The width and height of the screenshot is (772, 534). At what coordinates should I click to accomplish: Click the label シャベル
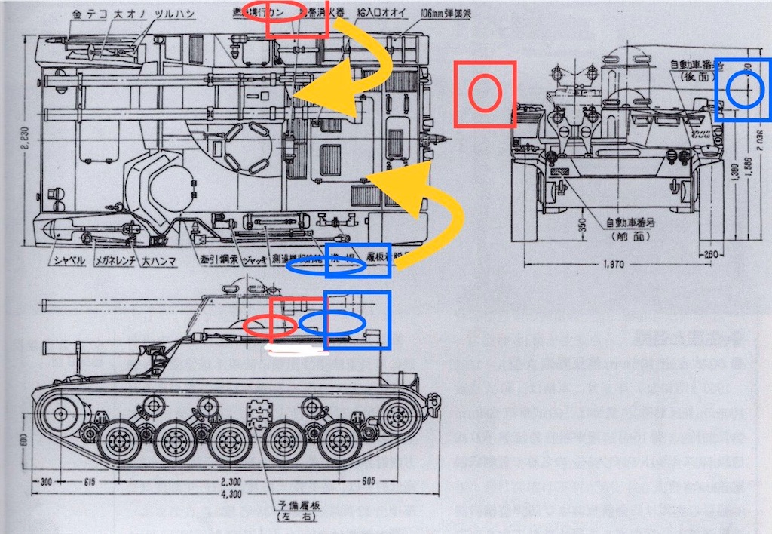coord(64,261)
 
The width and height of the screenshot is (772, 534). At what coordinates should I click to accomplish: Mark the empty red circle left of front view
coord(485,94)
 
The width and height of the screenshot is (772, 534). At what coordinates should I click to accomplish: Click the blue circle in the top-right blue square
coord(745,90)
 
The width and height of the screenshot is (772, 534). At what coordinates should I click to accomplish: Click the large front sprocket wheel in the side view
coord(63,412)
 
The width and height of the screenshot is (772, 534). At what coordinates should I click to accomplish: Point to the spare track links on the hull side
coord(259,414)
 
